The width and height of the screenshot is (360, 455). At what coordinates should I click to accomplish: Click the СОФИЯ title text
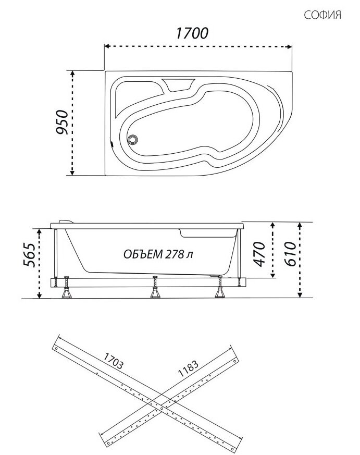tap(322, 15)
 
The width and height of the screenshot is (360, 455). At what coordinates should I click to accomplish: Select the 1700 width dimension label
tap(192, 33)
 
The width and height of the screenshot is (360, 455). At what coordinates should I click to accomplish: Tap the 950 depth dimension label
tap(62, 122)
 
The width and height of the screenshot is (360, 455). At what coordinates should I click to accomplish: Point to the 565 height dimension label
tap(29, 255)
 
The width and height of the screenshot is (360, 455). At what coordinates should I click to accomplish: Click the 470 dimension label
tap(259, 254)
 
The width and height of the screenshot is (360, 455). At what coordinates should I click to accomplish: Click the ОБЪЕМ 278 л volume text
tap(158, 254)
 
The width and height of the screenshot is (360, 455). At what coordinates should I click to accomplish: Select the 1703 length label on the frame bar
tap(114, 361)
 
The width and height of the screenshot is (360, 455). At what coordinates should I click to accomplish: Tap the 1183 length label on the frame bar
tap(188, 368)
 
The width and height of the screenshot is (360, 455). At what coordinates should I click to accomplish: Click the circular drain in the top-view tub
tap(133, 140)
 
